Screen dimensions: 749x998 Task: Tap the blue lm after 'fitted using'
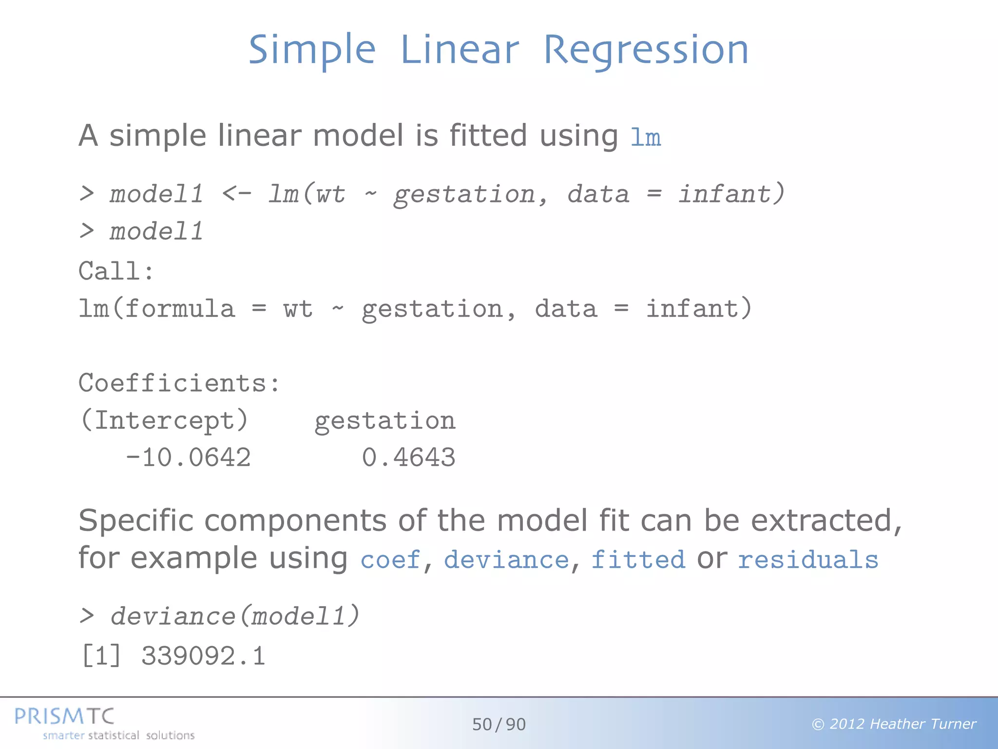[645, 138]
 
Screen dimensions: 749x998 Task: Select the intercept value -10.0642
[188, 458]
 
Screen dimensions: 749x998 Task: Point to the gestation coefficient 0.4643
[408, 458]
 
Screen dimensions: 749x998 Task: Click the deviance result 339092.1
[203, 656]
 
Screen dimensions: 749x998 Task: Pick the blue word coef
[390, 559]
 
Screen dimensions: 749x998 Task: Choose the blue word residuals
[808, 559]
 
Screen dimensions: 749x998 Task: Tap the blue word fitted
[638, 559]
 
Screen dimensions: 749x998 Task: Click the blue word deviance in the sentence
[506, 559]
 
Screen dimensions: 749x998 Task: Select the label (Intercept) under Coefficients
[164, 420]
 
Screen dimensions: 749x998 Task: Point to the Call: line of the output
[116, 271]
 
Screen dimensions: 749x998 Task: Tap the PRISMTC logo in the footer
[64, 716]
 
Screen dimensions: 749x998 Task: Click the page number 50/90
[499, 725]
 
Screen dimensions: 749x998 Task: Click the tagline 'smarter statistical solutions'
[118, 735]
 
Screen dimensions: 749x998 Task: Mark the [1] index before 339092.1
[101, 656]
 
